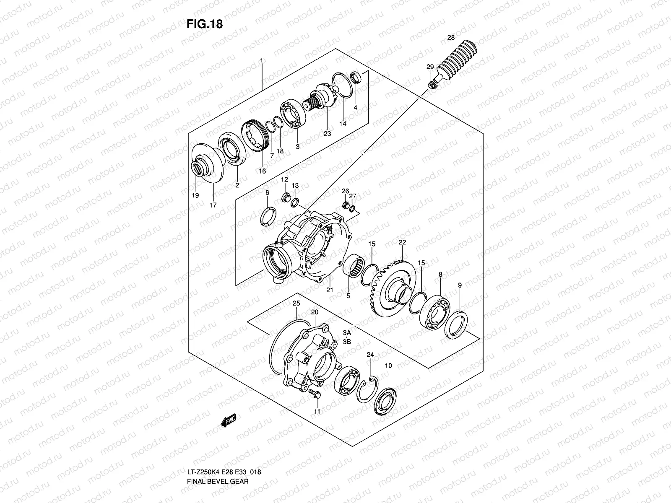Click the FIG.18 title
point(204,24)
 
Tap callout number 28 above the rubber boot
point(451,38)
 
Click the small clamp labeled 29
point(432,86)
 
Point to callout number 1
point(261,61)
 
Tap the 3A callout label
point(346,333)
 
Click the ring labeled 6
point(268,215)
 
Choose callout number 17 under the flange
point(213,205)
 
